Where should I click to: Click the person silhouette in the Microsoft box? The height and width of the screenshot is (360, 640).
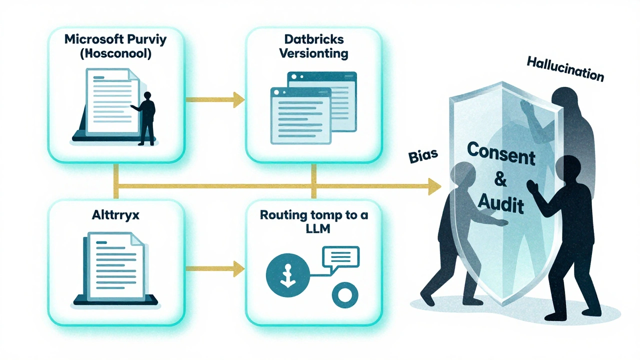tap(146, 117)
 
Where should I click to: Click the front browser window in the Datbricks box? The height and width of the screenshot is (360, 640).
tap(300, 115)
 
